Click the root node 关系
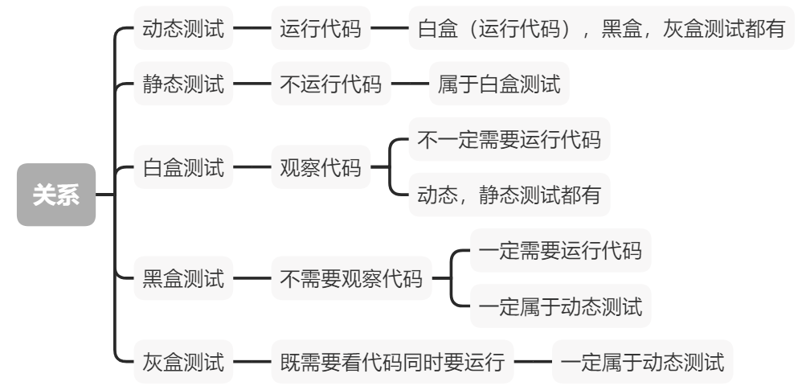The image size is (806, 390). coord(56,195)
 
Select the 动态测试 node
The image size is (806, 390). coord(183,31)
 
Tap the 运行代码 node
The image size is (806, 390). coord(320,31)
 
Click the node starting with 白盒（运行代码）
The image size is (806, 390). coord(601,31)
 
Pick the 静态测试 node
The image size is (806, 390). coord(183,84)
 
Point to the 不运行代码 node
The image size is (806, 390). coord(330,84)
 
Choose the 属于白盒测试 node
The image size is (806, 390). coord(499,84)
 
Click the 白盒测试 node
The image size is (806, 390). coord(183,168)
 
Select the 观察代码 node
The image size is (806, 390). coord(320,168)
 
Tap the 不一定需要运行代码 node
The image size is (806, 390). coord(509,142)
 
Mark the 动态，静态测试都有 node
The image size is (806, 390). coord(509,195)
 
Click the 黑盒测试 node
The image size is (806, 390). coord(183,279)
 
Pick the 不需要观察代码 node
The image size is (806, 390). coord(350,279)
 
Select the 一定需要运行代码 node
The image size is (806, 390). coord(560,252)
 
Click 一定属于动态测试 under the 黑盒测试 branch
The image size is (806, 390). coord(560,306)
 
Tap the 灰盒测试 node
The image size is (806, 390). coord(183,361)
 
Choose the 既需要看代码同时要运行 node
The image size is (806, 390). coord(391,361)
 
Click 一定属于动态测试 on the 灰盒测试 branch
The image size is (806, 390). coord(642,361)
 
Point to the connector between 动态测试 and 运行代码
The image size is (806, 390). coord(252,31)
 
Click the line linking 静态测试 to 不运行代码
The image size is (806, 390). coord(252,84)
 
